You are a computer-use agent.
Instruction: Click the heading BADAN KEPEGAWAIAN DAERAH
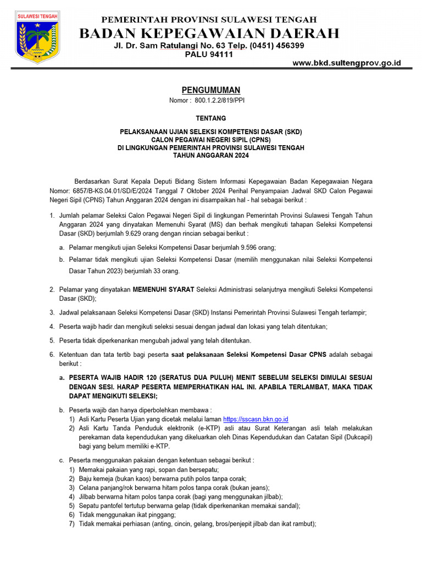point(209,34)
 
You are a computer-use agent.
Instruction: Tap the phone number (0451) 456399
point(277,45)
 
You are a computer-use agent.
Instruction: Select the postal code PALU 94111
point(209,54)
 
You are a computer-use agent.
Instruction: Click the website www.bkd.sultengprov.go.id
point(347,63)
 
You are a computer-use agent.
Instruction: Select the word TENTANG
point(211,118)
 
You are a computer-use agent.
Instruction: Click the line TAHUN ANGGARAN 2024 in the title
point(211,156)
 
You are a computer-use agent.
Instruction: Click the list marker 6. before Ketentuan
point(52,355)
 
